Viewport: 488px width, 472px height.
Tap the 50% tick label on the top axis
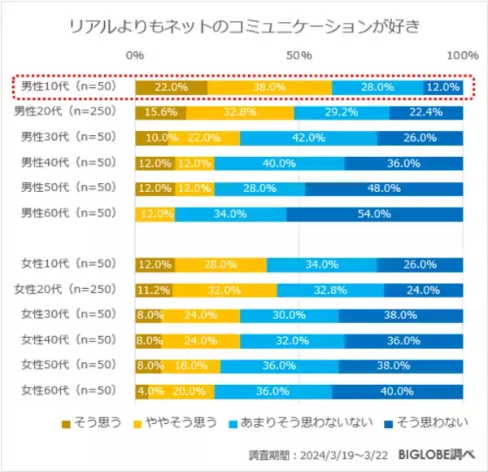click(x=300, y=55)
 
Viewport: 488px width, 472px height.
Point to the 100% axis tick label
click(x=464, y=55)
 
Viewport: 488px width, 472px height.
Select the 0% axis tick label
click(x=136, y=55)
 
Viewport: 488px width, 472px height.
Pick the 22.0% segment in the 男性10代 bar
click(x=171, y=87)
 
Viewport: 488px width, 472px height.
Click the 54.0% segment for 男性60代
click(x=374, y=214)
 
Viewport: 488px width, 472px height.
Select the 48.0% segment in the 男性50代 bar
click(x=385, y=189)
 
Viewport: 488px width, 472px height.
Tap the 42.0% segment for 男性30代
click(x=308, y=138)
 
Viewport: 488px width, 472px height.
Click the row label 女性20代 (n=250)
click(x=66, y=290)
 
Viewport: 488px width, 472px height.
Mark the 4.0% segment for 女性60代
click(x=142, y=391)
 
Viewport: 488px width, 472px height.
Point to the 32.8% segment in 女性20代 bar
click(x=329, y=290)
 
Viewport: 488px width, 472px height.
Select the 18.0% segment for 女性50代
click(x=190, y=365)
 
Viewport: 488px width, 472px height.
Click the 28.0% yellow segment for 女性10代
click(x=220, y=264)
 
